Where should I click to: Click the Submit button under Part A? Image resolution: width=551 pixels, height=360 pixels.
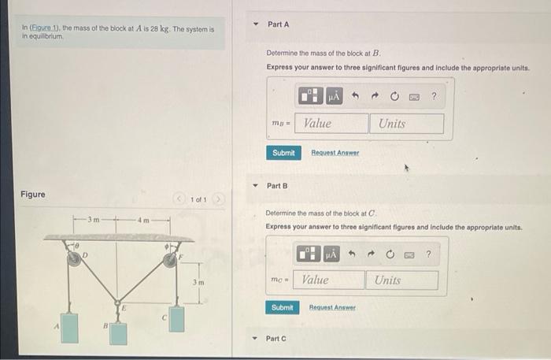(283, 153)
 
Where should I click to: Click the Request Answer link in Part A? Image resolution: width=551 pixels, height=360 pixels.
(335, 153)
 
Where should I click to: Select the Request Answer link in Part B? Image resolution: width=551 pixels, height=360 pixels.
(332, 308)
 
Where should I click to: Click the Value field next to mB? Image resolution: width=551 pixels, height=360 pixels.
(335, 124)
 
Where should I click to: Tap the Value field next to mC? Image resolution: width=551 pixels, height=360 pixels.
(332, 280)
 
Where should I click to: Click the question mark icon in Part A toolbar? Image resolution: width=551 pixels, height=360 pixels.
(434, 97)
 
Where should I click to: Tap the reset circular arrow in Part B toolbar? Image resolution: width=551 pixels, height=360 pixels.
(391, 254)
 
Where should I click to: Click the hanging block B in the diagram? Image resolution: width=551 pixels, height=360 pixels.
(119, 332)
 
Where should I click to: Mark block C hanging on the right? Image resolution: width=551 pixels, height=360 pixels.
(178, 318)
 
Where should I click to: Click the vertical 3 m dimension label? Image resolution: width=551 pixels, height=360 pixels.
(200, 282)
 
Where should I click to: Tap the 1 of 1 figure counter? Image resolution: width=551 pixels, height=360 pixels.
(198, 200)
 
